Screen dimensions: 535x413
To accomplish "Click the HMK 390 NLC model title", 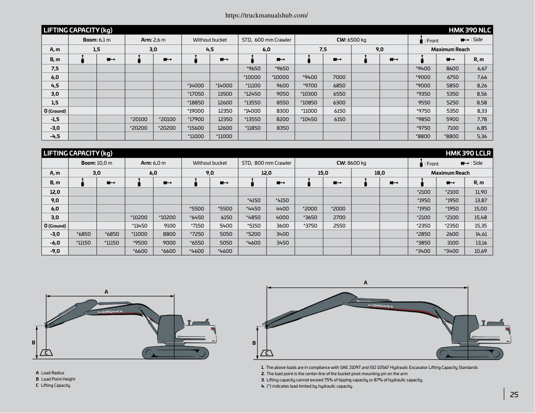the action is [x=470, y=30].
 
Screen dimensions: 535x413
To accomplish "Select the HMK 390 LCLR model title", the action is [x=468, y=153].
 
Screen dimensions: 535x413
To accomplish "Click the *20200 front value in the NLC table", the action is [x=139, y=128].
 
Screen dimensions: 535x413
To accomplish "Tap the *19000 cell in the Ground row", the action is [x=196, y=111].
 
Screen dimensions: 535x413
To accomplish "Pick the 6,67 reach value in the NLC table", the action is [x=482, y=69].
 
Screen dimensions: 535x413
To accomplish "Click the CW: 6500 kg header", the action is [x=352, y=40].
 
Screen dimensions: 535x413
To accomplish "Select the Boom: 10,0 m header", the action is [x=97, y=163].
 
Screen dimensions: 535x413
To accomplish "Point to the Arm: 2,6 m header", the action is [x=153, y=40].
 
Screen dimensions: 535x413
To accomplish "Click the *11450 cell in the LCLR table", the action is [x=139, y=226].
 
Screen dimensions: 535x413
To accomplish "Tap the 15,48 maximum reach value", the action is [x=481, y=218].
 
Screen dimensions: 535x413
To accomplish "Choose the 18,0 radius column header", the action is [x=379, y=173].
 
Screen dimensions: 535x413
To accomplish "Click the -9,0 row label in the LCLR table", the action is [x=55, y=251].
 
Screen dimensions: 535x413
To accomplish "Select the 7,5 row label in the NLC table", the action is [x=55, y=69].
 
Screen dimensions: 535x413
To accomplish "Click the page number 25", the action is [x=514, y=395].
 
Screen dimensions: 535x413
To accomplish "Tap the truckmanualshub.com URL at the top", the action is [x=267, y=15].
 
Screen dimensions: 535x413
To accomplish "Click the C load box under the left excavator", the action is [x=46, y=353].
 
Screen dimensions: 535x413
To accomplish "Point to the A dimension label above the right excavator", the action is [x=366, y=282].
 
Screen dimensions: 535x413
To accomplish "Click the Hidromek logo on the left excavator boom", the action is [x=111, y=312].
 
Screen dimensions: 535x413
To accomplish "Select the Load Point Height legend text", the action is [x=58, y=379].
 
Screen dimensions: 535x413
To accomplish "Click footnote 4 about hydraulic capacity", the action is [x=307, y=386].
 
